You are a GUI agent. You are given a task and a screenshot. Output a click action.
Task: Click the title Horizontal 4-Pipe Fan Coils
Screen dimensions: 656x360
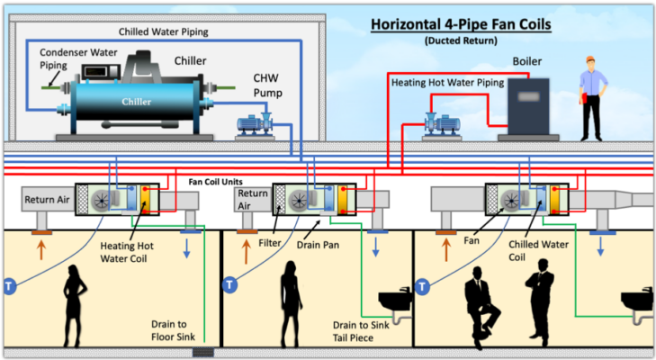click(461, 24)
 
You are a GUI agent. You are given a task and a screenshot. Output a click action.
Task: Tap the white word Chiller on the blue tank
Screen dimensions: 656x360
click(137, 102)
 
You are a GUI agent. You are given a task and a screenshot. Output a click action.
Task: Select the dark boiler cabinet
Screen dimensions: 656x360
click(528, 106)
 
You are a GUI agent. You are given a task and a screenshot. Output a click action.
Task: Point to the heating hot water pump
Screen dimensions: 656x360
click(442, 123)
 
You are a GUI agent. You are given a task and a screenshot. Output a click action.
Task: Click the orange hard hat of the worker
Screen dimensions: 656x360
click(590, 59)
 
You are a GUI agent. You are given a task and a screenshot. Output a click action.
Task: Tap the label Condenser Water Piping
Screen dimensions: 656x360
click(78, 58)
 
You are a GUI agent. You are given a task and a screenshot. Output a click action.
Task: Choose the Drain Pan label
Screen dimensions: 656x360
click(318, 245)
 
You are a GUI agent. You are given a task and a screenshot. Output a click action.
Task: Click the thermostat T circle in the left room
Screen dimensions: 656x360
click(9, 286)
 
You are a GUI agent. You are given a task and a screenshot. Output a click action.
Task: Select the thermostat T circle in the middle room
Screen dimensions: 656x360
click(229, 285)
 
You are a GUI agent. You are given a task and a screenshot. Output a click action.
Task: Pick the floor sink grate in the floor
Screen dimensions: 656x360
click(202, 352)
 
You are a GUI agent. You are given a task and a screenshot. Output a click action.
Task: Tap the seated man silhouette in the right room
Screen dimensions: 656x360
click(481, 307)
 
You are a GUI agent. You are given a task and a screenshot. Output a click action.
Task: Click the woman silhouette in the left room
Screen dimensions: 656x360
click(75, 306)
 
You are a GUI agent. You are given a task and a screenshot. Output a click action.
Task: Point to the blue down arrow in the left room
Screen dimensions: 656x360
click(186, 248)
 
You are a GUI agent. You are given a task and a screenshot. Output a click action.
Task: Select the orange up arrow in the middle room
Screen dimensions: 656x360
click(246, 251)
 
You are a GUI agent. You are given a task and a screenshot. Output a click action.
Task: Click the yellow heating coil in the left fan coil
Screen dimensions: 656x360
click(145, 199)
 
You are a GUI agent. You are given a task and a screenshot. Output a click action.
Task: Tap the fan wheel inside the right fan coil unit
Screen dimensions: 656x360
click(511, 200)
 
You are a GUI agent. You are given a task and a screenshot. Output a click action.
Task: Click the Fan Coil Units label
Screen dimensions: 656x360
click(215, 182)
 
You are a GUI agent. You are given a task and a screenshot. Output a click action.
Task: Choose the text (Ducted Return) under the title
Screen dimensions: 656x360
click(461, 40)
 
